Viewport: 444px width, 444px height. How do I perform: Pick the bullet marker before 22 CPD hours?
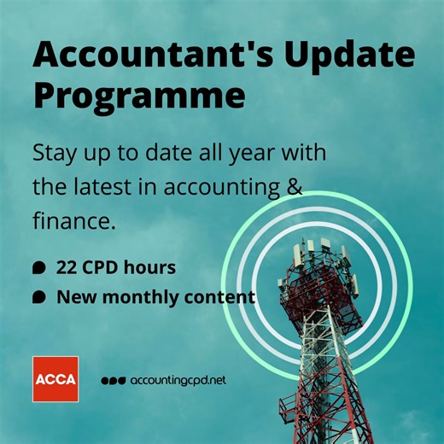pos(38,268)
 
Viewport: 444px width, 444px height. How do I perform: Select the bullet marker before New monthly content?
pos(38,297)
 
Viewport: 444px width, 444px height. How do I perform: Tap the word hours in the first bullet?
pos(151,267)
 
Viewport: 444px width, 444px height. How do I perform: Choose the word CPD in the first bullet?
pos(106,267)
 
